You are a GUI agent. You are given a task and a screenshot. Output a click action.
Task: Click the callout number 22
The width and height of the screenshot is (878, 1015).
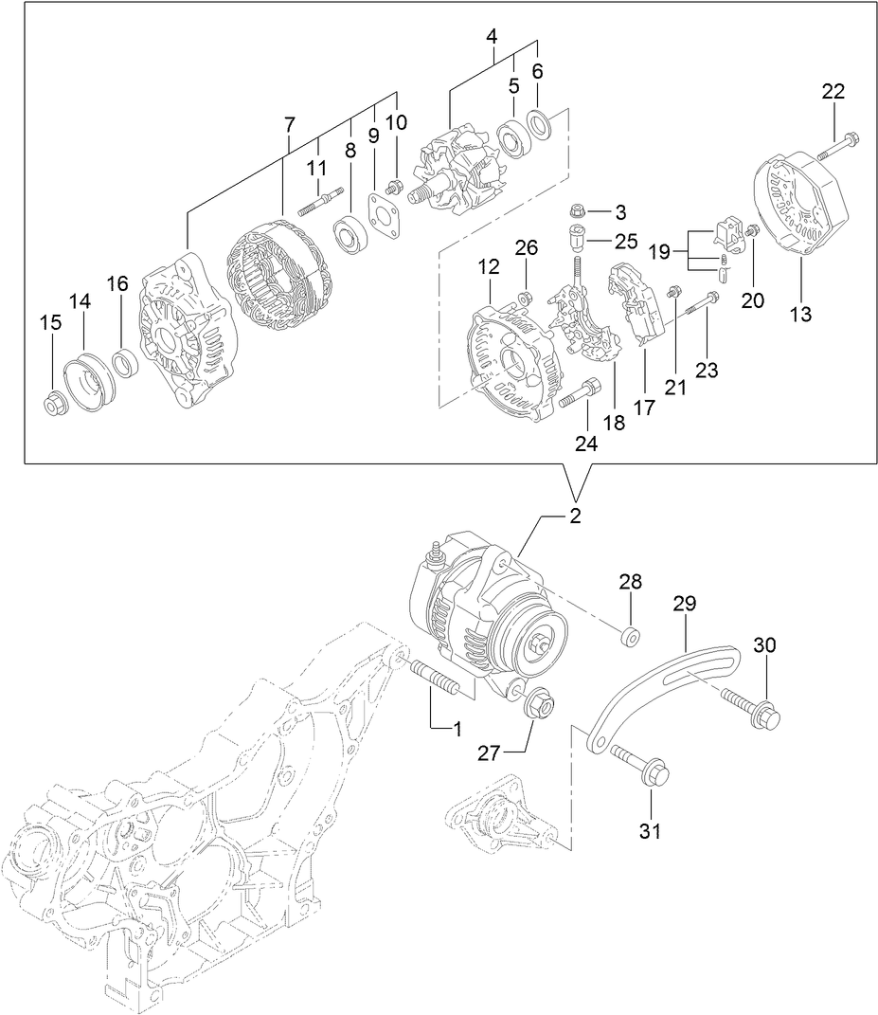coord(833,92)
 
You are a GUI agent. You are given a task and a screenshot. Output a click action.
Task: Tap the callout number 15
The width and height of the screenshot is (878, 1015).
coord(50,323)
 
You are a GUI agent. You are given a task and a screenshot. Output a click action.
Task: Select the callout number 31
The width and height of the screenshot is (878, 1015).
coord(650,831)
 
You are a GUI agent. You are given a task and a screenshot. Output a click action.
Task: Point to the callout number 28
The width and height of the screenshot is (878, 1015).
coord(631,581)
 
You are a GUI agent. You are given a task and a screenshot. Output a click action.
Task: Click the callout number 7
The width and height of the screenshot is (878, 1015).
coord(289,123)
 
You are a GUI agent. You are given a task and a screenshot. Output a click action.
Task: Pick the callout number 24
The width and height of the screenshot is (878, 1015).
coord(587,442)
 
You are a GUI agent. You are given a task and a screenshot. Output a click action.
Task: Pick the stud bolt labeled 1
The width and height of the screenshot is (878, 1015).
coord(437,680)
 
